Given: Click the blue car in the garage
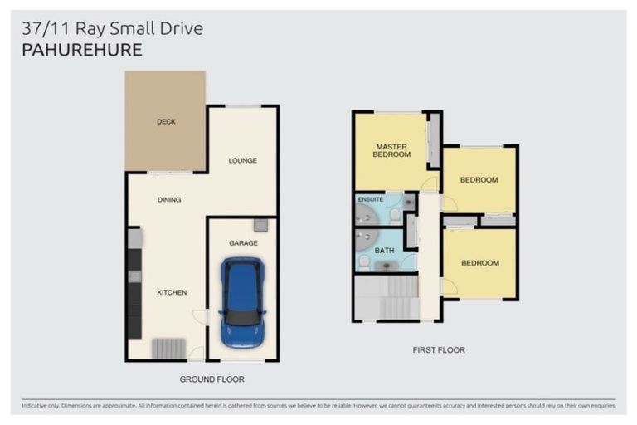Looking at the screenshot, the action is pos(242,303).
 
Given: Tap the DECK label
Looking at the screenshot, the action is pos(166,121).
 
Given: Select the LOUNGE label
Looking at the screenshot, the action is pos(242,161).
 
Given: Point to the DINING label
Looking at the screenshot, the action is pos(169,200).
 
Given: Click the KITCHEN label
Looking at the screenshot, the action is pos(172,292).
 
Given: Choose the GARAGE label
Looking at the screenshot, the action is pos(243,243).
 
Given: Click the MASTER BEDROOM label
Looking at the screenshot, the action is pos(391,150).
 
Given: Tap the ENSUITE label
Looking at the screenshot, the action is pos(371,199).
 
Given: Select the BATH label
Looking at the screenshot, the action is pos(384,251).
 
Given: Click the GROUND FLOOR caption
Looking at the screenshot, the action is pos(212,379).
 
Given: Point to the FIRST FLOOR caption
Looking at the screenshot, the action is pos(439,349).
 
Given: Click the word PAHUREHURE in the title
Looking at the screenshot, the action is pos(82,50).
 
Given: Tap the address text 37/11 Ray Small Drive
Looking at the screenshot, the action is pos(113,28).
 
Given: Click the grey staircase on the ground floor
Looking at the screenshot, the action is pos(168,349).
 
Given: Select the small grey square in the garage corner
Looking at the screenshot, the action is pos(260,225).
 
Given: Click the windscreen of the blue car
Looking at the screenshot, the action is pos(242,318).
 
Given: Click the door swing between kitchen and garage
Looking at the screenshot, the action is pos(199,317).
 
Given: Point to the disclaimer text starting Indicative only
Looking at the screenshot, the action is pos(318,406).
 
